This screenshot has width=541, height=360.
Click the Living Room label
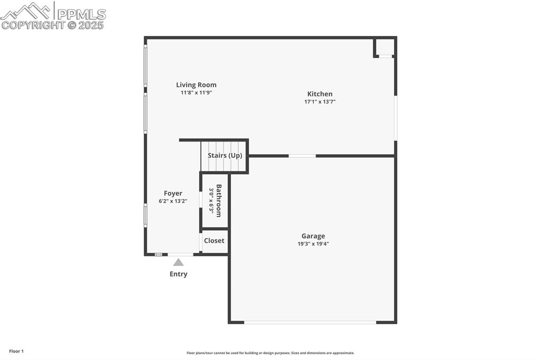(196, 85)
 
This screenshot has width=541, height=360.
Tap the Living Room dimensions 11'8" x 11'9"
(196, 93)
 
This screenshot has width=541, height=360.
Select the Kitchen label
(320, 94)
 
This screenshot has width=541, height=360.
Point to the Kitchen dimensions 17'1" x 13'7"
(320, 102)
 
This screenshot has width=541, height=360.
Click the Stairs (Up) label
(225, 156)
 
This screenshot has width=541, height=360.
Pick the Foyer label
(173, 194)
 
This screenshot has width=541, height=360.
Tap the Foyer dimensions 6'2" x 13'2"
(173, 201)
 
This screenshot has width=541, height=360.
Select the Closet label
(214, 241)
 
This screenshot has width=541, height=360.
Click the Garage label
(313, 236)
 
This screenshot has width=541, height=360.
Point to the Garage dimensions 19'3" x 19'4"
(313, 244)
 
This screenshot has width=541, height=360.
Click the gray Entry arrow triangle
(179, 262)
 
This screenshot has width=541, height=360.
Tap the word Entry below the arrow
(179, 274)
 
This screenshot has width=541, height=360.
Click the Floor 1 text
(16, 351)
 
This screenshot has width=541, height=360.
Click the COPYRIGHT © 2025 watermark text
(53, 25)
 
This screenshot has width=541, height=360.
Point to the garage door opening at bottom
(310, 322)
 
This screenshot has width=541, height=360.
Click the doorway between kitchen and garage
(302, 156)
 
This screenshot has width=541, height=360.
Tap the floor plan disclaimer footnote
(270, 353)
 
